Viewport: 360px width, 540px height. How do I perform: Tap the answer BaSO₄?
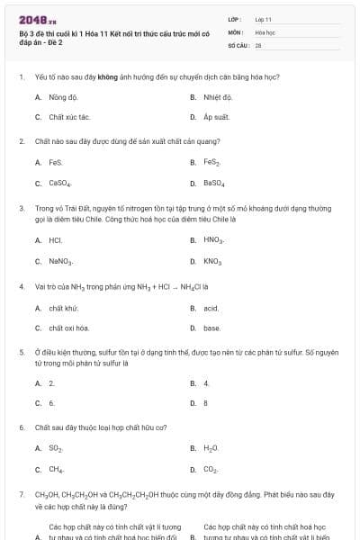coord(214,183)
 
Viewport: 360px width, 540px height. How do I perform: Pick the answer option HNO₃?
coord(214,240)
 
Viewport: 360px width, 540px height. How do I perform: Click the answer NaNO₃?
coord(61,261)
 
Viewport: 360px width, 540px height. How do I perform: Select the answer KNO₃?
coord(212,261)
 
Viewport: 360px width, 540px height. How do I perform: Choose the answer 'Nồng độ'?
coord(63,96)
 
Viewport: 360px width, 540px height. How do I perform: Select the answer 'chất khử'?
coord(63,308)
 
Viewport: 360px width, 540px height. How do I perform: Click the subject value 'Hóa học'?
coord(265,31)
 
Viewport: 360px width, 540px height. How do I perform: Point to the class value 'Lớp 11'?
coord(264,19)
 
